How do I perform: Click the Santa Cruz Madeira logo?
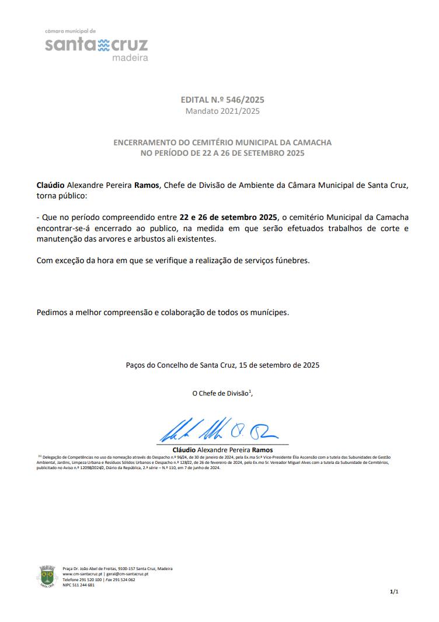tap(96, 45)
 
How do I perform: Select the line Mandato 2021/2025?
tap(222, 111)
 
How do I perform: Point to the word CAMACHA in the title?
tap(311, 142)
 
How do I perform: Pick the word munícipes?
tap(269, 312)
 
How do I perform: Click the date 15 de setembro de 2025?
tap(279, 365)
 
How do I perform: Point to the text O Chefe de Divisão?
tap(220, 394)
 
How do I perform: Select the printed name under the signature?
tap(222, 450)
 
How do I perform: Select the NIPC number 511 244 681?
tap(83, 585)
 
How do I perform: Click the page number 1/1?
tap(394, 592)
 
